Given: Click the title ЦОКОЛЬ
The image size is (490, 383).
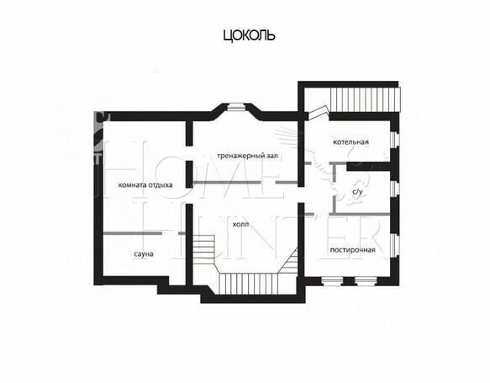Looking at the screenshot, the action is (249, 35).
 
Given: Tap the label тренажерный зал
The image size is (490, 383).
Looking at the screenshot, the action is (247, 156).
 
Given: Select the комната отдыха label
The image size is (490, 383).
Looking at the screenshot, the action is (145, 185).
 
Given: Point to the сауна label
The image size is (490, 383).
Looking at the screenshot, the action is (144, 253).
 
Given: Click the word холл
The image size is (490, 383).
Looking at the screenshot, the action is (240, 225).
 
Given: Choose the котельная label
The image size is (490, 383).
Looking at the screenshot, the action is (350, 142).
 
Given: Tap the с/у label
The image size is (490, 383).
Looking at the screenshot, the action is (357, 192).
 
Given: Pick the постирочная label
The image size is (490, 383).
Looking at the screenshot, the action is (352, 250).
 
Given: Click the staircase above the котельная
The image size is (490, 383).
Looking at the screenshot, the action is (366, 99).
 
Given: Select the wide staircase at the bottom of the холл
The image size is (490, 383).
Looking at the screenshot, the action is (249, 284).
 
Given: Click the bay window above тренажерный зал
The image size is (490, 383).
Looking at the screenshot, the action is (236, 107).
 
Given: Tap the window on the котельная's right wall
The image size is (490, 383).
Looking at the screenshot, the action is (395, 139).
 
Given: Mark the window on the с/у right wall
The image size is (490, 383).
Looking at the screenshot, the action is (395, 189).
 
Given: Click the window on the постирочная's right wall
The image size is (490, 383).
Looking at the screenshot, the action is (395, 246).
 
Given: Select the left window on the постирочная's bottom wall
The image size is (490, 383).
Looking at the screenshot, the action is (332, 281).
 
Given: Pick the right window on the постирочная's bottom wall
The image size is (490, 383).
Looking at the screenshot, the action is (366, 281).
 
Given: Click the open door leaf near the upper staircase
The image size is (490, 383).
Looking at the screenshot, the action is (318, 113).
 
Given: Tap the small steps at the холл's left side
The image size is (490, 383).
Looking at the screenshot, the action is (203, 250).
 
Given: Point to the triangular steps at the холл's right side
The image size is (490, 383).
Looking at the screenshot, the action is (289, 261).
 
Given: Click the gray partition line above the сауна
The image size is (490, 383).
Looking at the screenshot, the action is (145, 233).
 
